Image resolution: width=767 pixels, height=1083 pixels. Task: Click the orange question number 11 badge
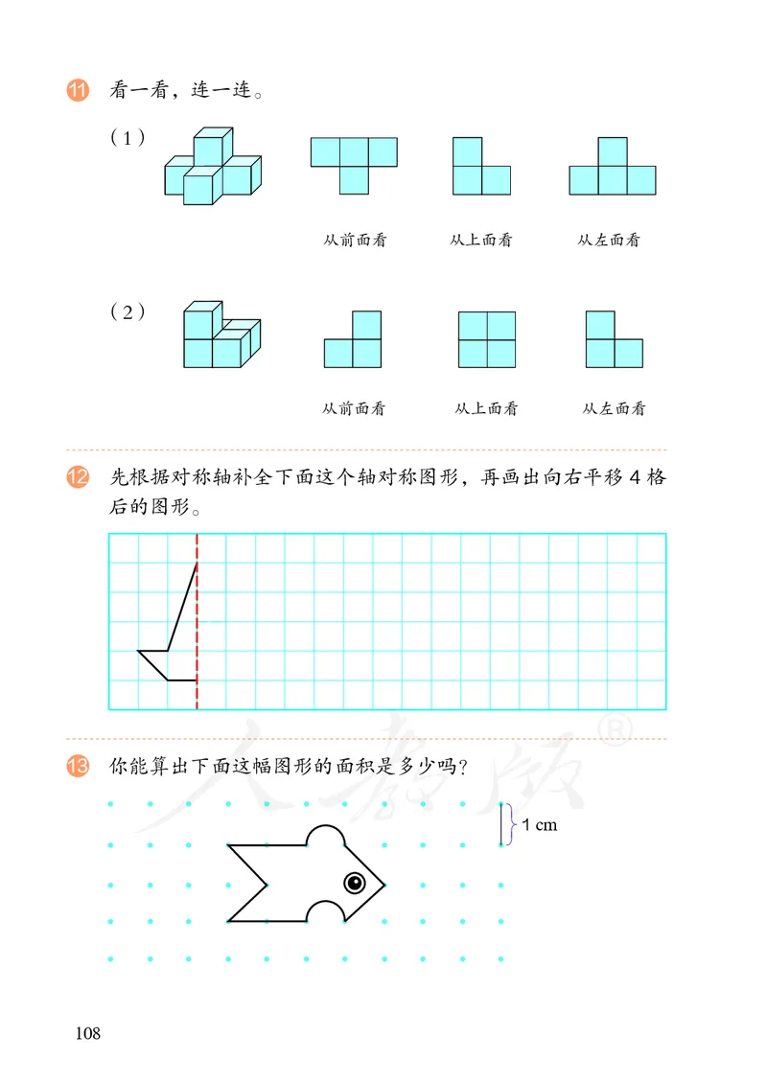tap(78, 93)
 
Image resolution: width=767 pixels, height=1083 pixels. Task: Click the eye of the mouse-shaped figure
tap(354, 881)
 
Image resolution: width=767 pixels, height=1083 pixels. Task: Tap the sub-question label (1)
tap(128, 138)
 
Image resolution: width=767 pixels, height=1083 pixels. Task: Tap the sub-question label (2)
tap(128, 311)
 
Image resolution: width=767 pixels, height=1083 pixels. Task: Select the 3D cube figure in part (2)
tap(221, 334)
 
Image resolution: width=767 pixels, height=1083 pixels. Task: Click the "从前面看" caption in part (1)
tap(355, 241)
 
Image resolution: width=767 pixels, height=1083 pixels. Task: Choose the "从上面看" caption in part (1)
tap(480, 241)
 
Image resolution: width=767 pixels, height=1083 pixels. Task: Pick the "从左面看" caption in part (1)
tap(609, 241)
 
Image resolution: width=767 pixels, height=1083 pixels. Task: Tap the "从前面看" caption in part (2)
tap(354, 409)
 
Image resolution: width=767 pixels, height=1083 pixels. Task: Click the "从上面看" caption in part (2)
tap(486, 409)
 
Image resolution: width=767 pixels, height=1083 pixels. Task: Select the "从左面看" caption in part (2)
tap(614, 409)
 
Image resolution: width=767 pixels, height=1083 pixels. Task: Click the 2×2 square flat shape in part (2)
tap(487, 339)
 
